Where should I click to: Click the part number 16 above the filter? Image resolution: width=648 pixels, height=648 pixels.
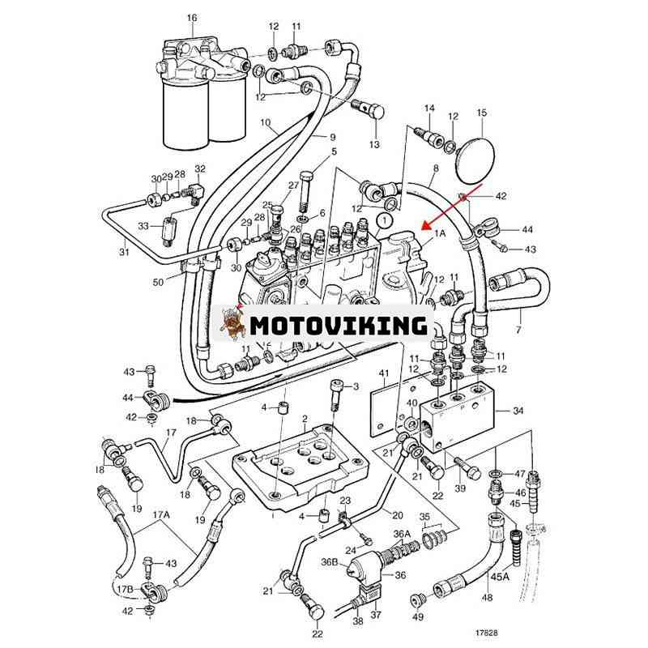click(192, 18)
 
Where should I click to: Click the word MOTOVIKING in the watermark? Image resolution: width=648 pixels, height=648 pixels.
click(338, 326)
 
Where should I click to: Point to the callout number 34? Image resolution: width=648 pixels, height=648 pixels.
click(518, 411)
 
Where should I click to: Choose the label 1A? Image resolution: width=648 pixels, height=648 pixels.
click(441, 232)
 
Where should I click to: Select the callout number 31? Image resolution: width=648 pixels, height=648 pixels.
click(124, 252)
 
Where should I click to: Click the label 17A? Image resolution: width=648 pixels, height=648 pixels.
click(161, 514)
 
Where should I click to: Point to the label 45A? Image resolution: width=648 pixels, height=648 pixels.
click(501, 577)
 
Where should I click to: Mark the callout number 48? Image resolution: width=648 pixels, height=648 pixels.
click(486, 598)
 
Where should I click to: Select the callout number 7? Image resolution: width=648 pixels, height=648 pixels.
click(518, 331)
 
